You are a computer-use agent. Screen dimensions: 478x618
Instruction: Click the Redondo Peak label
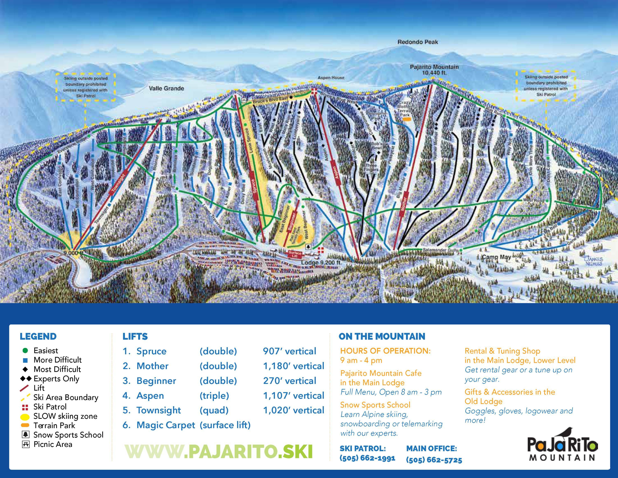click(418, 42)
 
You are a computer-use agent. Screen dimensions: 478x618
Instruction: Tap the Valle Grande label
click(166, 88)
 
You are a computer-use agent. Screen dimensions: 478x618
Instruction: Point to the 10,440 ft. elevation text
click(434, 73)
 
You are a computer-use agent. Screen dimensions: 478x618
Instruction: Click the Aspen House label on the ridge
click(331, 78)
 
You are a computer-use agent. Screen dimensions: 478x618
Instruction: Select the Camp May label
click(496, 257)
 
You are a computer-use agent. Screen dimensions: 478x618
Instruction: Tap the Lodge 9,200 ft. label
click(321, 263)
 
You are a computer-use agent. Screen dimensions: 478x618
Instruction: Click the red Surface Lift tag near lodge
click(295, 254)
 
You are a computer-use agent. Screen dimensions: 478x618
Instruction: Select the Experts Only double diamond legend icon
click(26, 379)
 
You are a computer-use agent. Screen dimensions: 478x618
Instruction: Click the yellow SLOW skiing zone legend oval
click(25, 416)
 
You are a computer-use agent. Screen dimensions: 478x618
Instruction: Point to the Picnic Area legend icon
click(26, 444)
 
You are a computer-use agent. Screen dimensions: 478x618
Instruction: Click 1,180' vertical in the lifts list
click(293, 366)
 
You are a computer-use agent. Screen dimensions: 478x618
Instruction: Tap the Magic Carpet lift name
click(166, 425)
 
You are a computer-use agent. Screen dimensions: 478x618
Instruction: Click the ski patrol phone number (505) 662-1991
click(367, 458)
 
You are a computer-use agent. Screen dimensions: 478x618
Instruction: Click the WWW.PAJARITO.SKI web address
click(218, 451)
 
